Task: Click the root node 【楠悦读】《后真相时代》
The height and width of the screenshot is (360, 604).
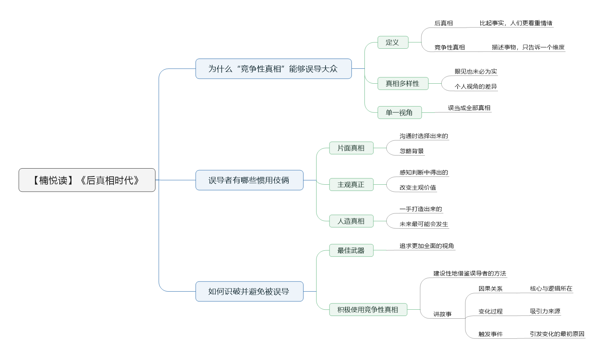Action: pos(87,180)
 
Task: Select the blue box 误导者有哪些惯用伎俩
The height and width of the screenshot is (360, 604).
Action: pos(249,180)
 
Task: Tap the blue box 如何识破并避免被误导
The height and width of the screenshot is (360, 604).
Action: pos(249,292)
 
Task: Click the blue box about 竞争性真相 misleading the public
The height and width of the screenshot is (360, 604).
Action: pos(273,69)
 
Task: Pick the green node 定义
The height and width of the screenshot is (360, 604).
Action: pos(393,42)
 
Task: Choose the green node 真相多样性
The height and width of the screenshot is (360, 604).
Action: pos(403,83)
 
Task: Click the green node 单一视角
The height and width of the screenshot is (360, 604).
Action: pos(400,112)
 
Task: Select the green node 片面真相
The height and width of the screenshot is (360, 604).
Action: pos(351,148)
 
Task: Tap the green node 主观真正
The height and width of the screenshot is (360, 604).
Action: pos(351,185)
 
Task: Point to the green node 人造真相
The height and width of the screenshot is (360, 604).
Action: pos(351,221)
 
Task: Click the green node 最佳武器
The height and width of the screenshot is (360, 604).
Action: pos(351,250)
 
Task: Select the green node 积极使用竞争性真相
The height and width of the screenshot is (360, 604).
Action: pos(368,310)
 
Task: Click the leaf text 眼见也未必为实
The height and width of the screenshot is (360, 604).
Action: pos(476,72)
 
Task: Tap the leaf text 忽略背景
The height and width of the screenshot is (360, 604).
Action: pos(412,151)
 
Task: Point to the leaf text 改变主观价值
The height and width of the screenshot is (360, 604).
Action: pos(418,187)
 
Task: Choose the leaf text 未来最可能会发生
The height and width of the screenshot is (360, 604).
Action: pos(424,224)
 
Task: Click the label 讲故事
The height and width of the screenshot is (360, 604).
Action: pos(442,314)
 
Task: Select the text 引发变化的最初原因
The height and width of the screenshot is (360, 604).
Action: pos(557,334)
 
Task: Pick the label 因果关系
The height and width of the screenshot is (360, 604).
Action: pos(491,289)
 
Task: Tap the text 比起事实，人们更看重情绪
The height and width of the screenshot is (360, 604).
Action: pos(516,23)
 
